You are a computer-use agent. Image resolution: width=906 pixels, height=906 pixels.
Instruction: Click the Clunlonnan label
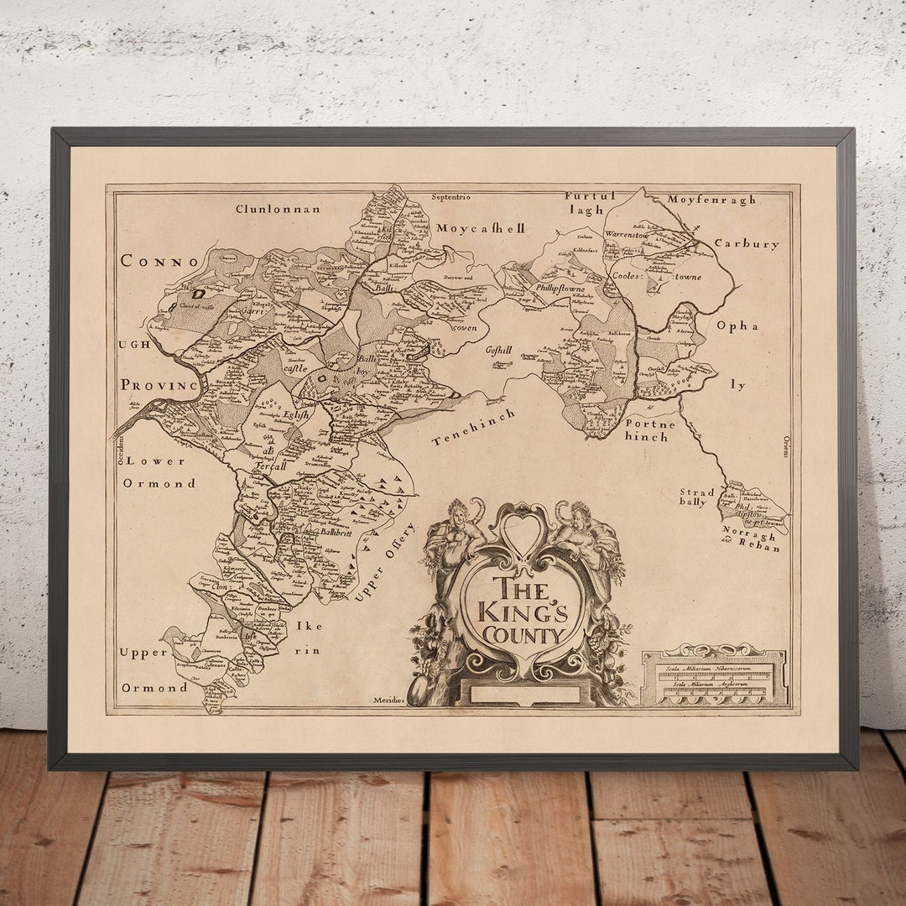278,209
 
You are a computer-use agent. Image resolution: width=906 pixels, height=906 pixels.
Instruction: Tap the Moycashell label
480,228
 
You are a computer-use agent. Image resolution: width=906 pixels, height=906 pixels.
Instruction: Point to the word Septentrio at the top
450,197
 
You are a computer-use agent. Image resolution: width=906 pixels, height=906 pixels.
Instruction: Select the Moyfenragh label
711,200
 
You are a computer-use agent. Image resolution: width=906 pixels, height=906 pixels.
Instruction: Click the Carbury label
747,244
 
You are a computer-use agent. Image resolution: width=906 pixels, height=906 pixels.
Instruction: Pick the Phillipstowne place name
560,287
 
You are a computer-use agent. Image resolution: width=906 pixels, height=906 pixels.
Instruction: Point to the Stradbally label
697,497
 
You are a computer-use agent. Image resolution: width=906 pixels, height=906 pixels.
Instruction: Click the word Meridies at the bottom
389,700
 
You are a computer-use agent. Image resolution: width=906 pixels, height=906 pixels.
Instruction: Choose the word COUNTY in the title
522,635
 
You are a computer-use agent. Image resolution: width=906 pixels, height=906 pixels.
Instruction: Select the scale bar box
715,676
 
